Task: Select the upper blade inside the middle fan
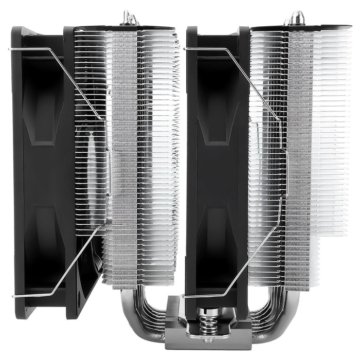[219, 103]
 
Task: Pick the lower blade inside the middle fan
[219, 231]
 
